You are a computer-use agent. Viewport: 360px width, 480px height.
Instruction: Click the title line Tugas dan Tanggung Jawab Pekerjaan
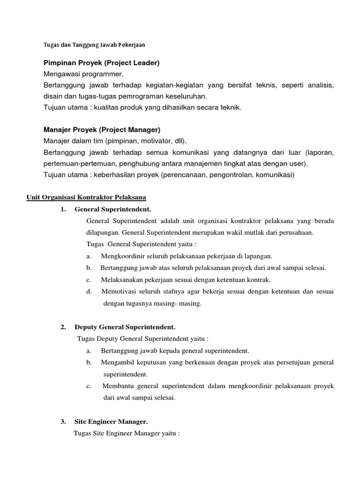pos(94,45)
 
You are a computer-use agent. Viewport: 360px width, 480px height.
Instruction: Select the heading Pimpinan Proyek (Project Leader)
pos(102,63)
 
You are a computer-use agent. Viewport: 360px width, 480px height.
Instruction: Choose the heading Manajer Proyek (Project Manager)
pos(102,129)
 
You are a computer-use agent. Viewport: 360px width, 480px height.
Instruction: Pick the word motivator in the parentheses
pos(152,141)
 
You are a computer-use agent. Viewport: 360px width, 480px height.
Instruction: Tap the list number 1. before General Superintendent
pos(63,209)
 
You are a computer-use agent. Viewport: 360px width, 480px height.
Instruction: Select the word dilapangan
pos(103,232)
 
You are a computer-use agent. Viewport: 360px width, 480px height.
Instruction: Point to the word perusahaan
pos(297,232)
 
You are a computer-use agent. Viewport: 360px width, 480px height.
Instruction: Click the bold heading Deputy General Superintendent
pos(125,327)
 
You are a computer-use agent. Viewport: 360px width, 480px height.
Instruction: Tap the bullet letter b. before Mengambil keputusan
pos(89,362)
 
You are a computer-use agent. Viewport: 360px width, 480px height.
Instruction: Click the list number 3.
pos(63,421)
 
